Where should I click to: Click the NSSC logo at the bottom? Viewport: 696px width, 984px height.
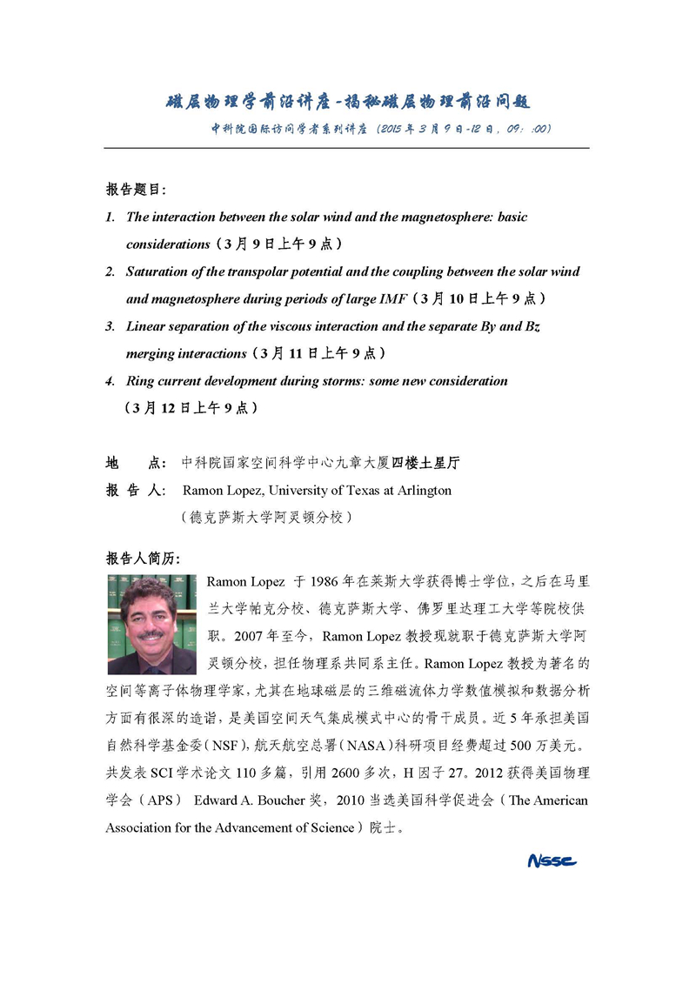pyautogui.click(x=552, y=861)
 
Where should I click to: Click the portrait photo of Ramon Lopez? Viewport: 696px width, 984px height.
pyautogui.click(x=152, y=625)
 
